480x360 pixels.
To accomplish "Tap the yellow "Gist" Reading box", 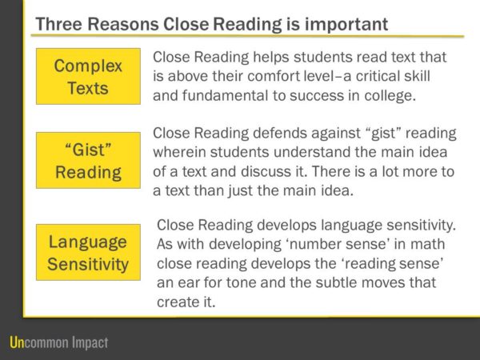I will click(87, 160).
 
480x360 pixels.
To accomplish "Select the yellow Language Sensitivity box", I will click(87, 253).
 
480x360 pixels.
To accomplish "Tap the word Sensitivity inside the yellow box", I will click(87, 264).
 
